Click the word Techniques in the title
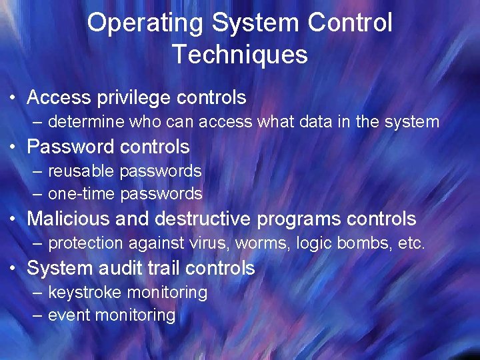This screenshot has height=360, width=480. [x=239, y=54]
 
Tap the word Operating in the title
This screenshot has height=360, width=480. [x=145, y=23]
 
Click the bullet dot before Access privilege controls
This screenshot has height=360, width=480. [x=13, y=99]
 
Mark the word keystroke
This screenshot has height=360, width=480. [x=85, y=292]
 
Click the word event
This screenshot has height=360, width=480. [x=69, y=315]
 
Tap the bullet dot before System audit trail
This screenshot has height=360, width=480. [x=13, y=269]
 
